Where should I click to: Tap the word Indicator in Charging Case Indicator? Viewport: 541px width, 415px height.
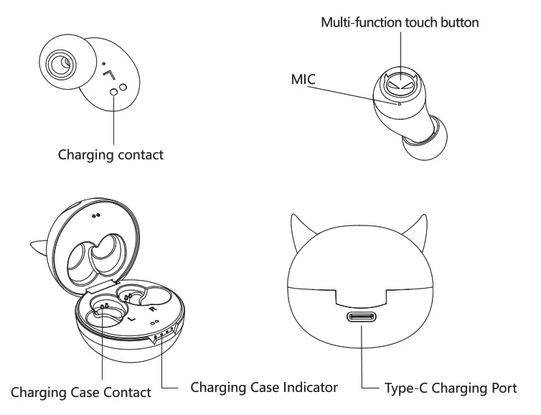(x=306, y=387)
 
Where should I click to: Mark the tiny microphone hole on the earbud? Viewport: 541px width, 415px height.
(x=400, y=103)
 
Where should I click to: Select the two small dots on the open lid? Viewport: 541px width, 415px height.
(x=96, y=214)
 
